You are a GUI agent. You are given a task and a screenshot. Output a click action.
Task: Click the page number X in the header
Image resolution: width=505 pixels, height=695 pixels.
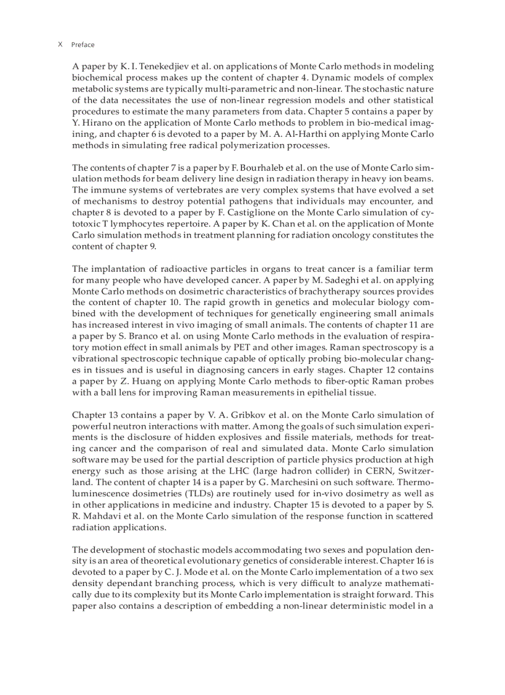(60, 45)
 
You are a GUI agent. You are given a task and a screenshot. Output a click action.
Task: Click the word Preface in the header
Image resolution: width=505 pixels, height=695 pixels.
(83, 45)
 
